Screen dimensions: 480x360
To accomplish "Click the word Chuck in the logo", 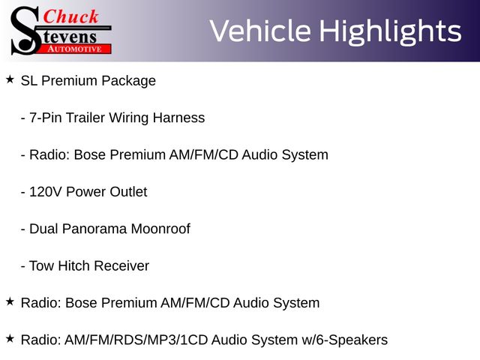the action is pyautogui.click(x=70, y=16).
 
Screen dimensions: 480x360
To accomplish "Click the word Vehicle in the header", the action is pyautogui.click(x=260, y=31).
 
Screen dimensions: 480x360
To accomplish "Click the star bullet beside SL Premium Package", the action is pyautogui.click(x=10, y=79).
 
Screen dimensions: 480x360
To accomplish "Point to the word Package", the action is pyautogui.click(x=128, y=81).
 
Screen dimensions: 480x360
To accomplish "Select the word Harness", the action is pyautogui.click(x=178, y=118).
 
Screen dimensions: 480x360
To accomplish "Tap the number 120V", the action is pyautogui.click(x=46, y=192).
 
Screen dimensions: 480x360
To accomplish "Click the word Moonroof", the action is pyautogui.click(x=160, y=229).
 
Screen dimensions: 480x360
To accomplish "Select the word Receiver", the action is pyautogui.click(x=121, y=265).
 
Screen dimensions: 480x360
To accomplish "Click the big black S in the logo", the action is pyautogui.click(x=26, y=31).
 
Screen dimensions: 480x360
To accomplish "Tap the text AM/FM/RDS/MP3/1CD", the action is pyautogui.click(x=136, y=340).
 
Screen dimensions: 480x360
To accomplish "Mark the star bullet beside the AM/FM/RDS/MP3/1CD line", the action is pyautogui.click(x=10, y=338).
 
